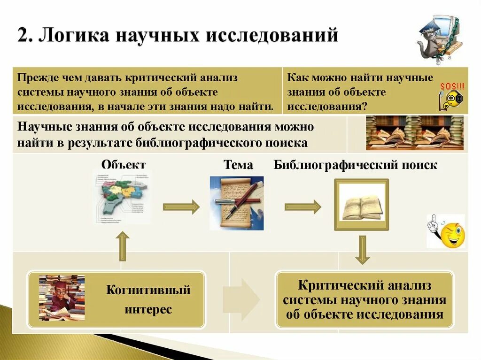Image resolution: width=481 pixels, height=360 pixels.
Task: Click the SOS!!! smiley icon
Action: pyautogui.click(x=451, y=97)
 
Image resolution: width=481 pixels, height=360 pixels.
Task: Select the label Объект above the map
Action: pyautogui.click(x=123, y=165)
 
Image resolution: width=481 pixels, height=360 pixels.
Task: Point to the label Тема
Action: pyautogui.click(x=238, y=165)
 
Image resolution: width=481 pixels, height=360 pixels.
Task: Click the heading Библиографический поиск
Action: pyautogui.click(x=356, y=165)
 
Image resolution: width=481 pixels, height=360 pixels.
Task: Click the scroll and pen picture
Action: pyautogui.click(x=236, y=203)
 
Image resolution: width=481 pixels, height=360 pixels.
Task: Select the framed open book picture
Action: pyautogui.click(x=361, y=205)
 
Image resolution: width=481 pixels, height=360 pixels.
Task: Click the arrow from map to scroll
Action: pyautogui.click(x=181, y=207)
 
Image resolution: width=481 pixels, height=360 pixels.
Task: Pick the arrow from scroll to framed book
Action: pyautogui.click(x=303, y=207)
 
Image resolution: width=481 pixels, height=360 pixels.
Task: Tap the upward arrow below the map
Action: pyautogui.click(x=123, y=246)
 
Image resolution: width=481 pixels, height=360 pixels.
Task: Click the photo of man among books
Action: pyautogui.click(x=62, y=298)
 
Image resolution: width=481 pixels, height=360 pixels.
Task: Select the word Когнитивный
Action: pyautogui.click(x=148, y=290)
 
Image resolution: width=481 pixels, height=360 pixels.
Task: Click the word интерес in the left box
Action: pyautogui.click(x=148, y=309)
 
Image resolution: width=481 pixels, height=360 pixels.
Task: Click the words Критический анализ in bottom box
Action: pyautogui.click(x=365, y=285)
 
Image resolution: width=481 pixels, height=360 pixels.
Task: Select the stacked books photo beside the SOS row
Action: pyautogui.click(x=414, y=133)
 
